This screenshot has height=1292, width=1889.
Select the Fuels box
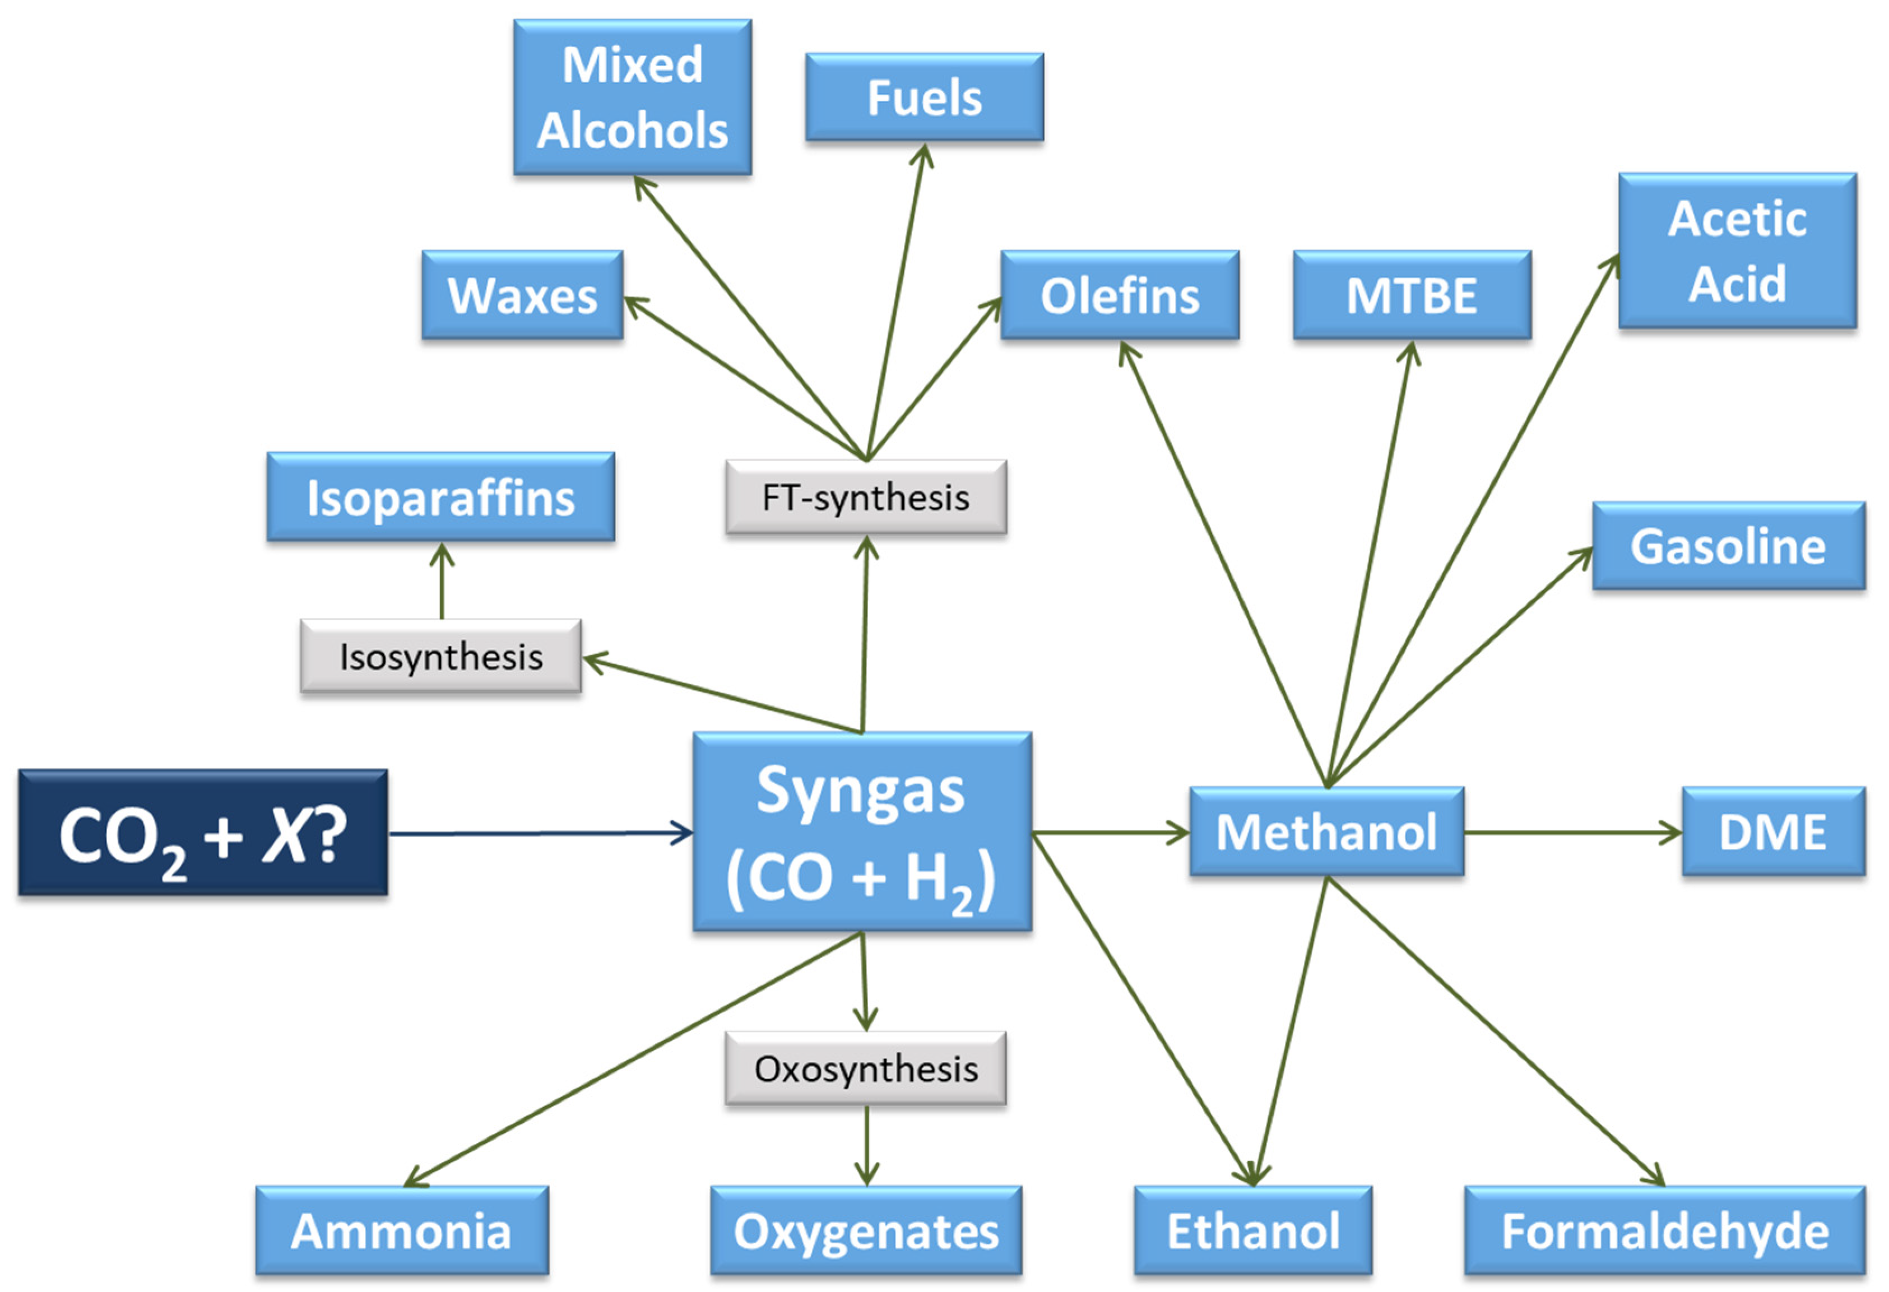tap(924, 97)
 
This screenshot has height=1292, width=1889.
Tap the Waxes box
tap(522, 295)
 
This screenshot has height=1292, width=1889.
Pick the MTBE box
tap(1412, 295)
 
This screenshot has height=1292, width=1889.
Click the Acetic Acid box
tap(1737, 250)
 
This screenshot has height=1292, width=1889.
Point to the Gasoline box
tap(1728, 546)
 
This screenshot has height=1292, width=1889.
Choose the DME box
tap(1773, 831)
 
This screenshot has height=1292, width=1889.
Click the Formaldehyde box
tap(1665, 1230)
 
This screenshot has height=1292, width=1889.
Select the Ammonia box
tap(402, 1230)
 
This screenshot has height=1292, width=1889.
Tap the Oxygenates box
tap(866, 1230)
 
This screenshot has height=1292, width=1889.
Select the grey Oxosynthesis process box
tap(866, 1068)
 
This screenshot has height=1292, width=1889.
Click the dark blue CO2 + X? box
tap(203, 833)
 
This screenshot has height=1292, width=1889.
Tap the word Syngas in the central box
tap(860, 790)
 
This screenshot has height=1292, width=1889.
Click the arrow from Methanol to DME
tap(1573, 832)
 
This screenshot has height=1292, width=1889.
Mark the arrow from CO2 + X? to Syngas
tap(541, 833)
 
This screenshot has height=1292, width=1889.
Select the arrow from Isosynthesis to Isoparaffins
tap(442, 582)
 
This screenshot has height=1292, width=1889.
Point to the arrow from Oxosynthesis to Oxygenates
tap(866, 1146)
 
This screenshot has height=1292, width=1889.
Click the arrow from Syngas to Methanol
tap(1110, 832)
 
